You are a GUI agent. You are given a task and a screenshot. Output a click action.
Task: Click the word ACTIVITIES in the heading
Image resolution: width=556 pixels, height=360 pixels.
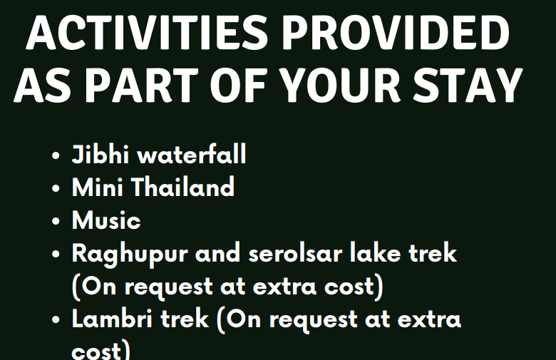147,33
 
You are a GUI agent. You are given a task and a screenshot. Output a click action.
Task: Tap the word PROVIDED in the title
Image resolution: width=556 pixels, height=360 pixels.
396,33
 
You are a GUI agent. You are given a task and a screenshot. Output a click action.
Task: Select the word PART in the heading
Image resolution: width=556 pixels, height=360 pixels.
142,85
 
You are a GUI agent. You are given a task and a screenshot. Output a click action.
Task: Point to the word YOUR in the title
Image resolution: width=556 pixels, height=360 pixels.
342,85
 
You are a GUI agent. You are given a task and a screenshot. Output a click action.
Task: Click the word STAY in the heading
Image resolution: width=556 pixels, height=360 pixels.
468,85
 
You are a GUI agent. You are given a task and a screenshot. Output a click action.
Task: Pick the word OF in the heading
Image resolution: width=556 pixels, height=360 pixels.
238,85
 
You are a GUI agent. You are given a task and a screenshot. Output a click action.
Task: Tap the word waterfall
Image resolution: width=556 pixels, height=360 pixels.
192,154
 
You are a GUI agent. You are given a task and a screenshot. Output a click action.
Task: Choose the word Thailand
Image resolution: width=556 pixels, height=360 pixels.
183,187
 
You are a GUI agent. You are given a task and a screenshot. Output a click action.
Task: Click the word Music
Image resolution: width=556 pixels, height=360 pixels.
106,220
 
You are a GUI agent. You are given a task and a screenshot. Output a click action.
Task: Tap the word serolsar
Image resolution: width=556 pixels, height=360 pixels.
295,254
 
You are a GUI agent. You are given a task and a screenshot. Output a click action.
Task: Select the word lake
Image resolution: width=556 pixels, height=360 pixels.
376,252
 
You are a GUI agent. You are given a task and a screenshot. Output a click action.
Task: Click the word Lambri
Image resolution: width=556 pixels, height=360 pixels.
113,319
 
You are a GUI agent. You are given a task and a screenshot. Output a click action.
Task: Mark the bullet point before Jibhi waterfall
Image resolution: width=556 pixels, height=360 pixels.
56,155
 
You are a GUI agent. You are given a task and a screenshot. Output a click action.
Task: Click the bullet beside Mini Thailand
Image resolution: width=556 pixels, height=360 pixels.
56,188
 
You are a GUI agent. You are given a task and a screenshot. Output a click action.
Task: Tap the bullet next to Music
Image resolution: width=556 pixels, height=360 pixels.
56,221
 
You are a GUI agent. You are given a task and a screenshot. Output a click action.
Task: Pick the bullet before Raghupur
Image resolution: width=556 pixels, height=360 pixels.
56,254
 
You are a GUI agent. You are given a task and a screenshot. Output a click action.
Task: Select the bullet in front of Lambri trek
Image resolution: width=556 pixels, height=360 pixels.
56,320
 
